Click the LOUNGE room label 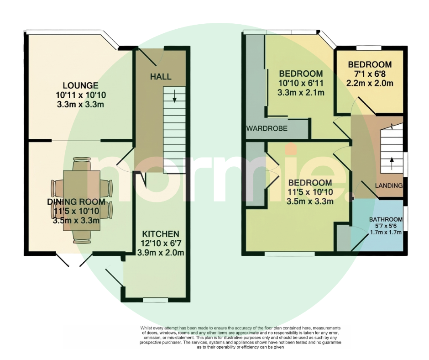click(x=80, y=85)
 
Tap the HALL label click(x=161, y=76)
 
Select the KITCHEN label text click(x=161, y=234)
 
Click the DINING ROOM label click(x=76, y=202)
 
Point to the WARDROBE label click(x=267, y=128)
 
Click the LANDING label click(x=389, y=185)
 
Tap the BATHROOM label click(x=386, y=219)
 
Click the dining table click(x=82, y=200)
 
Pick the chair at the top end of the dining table click(x=82, y=164)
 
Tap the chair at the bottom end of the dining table click(x=82, y=237)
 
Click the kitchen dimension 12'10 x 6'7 click(x=161, y=243)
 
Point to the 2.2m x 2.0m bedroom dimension click(x=370, y=83)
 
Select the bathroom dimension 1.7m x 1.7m click(x=386, y=233)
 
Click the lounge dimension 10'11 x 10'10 click(x=81, y=95)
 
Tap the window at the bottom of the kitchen click(x=156, y=300)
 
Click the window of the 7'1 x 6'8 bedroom click(x=369, y=48)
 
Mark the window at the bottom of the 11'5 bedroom click(x=290, y=254)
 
